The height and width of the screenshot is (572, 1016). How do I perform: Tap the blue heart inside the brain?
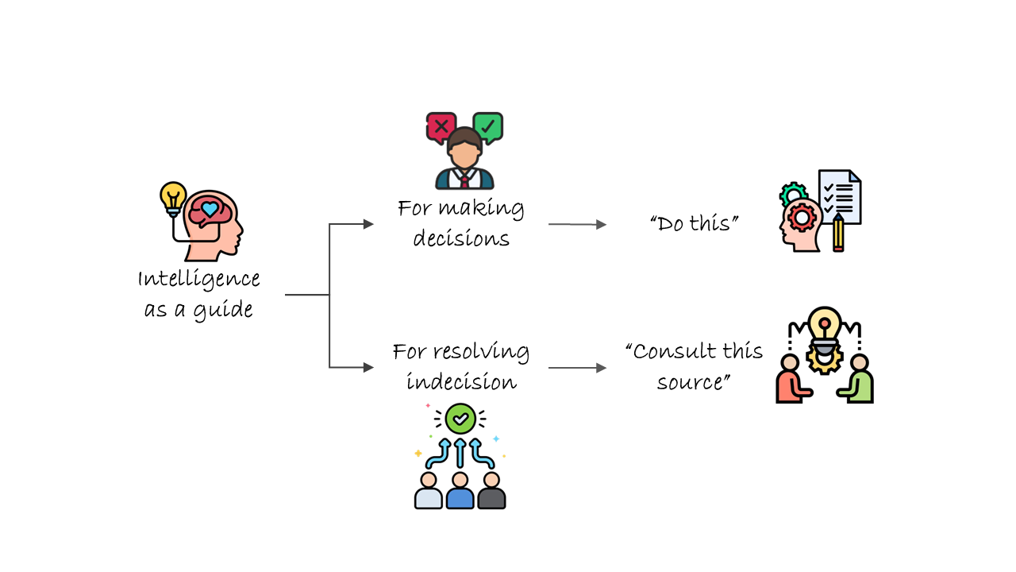209,209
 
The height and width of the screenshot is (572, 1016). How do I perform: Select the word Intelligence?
198,279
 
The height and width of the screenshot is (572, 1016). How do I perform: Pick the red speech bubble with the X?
441,126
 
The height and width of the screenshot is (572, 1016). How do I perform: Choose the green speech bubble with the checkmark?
487,126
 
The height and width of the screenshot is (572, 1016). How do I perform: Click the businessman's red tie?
464,180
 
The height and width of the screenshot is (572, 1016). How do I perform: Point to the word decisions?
461,238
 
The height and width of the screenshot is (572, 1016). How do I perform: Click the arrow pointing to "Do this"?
577,225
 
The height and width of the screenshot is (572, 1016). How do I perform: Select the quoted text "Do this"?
694,223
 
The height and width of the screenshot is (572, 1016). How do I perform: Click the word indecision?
461,382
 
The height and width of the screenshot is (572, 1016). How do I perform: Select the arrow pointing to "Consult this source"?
577,368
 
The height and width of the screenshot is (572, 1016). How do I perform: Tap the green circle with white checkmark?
460,418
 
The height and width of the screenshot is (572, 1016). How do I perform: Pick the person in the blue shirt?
460,492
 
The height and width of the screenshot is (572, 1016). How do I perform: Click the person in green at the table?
858,381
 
